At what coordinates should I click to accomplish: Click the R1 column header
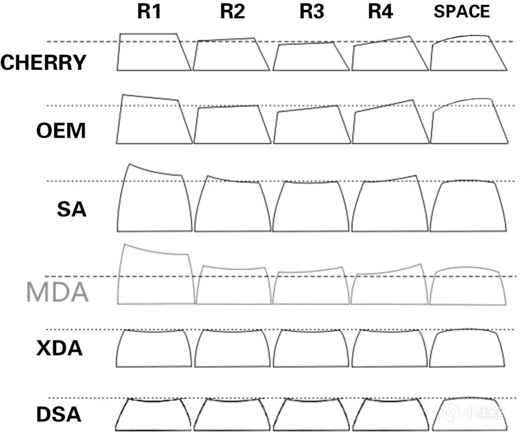coord(149,12)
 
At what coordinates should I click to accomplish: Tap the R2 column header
coord(233,12)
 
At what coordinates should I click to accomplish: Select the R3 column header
coord(312,12)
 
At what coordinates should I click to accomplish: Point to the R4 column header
coord(380,12)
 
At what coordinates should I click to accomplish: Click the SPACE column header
coord(462,12)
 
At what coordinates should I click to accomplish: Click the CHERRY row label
coord(43,63)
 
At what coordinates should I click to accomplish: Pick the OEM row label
coord(61,131)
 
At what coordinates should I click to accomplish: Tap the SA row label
coord(72,210)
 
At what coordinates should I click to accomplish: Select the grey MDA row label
coord(57,292)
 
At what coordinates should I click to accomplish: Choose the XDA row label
coord(59,348)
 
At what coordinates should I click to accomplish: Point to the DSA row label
coord(59,414)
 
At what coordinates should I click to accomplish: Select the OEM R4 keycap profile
coord(352,126)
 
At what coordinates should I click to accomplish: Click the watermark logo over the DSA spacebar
coord(451,412)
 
